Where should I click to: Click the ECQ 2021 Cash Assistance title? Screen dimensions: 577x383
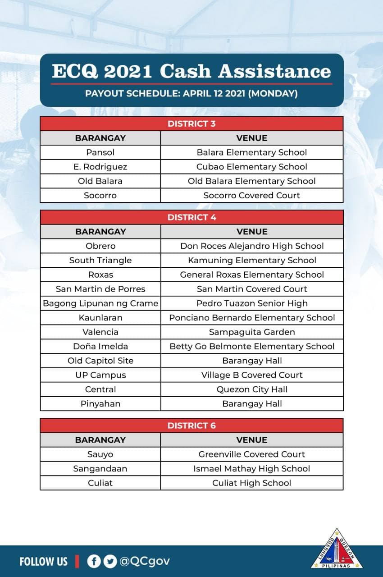pyautogui.click(x=191, y=71)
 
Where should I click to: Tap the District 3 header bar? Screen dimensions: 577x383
pyautogui.click(x=191, y=124)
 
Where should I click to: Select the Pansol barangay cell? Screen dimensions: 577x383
pyautogui.click(x=100, y=152)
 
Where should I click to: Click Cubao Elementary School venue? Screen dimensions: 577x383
pyautogui.click(x=251, y=167)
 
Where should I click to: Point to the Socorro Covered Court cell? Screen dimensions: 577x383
pyautogui.click(x=251, y=196)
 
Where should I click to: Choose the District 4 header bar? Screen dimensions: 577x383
pyautogui.click(x=191, y=217)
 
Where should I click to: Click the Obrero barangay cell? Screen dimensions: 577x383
pyautogui.click(x=100, y=246)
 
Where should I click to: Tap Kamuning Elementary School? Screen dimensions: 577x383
pyautogui.click(x=251, y=261)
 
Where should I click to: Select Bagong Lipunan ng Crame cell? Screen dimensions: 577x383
pyautogui.click(x=100, y=303)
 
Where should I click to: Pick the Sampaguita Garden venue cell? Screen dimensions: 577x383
pyautogui.click(x=251, y=332)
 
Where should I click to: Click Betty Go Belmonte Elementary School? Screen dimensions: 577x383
pyautogui.click(x=251, y=347)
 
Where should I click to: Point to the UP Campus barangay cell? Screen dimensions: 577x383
pyautogui.click(x=100, y=375)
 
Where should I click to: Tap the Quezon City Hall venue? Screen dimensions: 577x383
pyautogui.click(x=251, y=389)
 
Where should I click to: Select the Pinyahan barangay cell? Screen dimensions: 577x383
pyautogui.click(x=100, y=404)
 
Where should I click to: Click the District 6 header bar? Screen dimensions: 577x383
pyautogui.click(x=191, y=426)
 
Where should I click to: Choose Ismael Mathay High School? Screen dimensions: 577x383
pyautogui.click(x=251, y=469)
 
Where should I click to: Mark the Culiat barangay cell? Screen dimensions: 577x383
pyautogui.click(x=100, y=483)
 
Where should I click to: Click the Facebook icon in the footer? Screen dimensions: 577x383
pyautogui.click(x=94, y=561)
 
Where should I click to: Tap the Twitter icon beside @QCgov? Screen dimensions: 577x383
pyautogui.click(x=109, y=561)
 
